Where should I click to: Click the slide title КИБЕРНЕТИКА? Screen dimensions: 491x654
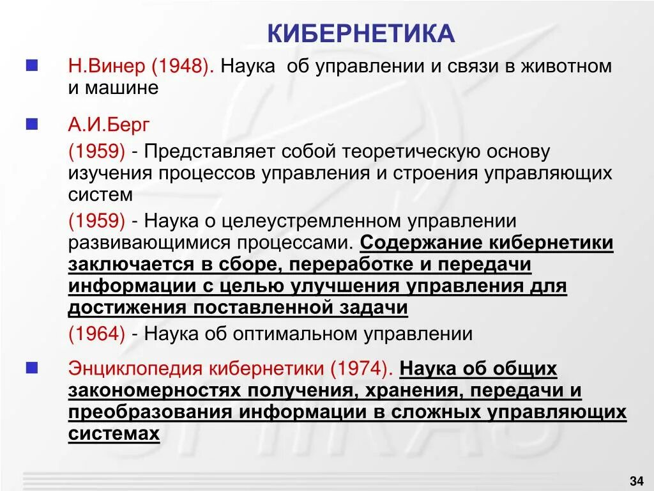coord(361,33)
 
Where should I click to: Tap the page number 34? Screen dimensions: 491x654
coord(636,480)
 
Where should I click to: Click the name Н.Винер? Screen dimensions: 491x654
coord(107,66)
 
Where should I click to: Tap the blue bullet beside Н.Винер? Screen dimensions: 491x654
coord(31,65)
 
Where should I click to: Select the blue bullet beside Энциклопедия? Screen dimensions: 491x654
coord(31,368)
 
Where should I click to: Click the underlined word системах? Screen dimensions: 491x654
coord(113,434)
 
